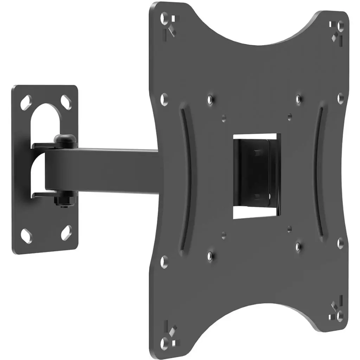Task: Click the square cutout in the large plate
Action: [x=257, y=176]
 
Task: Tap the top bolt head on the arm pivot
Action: [x=66, y=140]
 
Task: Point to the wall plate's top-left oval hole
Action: [x=27, y=102]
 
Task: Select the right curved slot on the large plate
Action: [x=321, y=172]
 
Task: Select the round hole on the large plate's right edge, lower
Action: [x=340, y=243]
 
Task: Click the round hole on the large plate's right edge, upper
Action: [x=340, y=98]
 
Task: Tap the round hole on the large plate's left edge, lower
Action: [x=164, y=261]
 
